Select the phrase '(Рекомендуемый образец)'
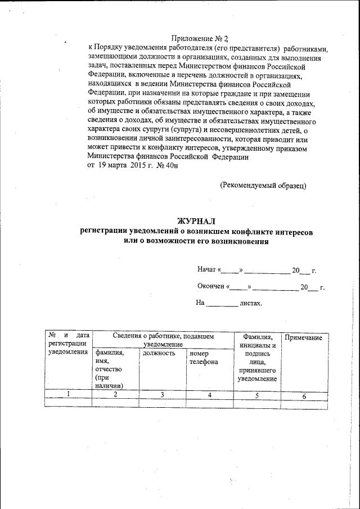[263, 184]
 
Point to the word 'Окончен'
[211, 287]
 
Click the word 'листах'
[250, 303]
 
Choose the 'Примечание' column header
[304, 337]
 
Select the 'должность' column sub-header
[159, 353]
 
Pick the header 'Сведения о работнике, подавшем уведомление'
[163, 339]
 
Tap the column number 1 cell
[68, 395]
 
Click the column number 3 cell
[162, 395]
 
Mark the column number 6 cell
[304, 396]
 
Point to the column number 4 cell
[209, 395]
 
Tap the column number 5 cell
[256, 395]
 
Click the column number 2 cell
[115, 395]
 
